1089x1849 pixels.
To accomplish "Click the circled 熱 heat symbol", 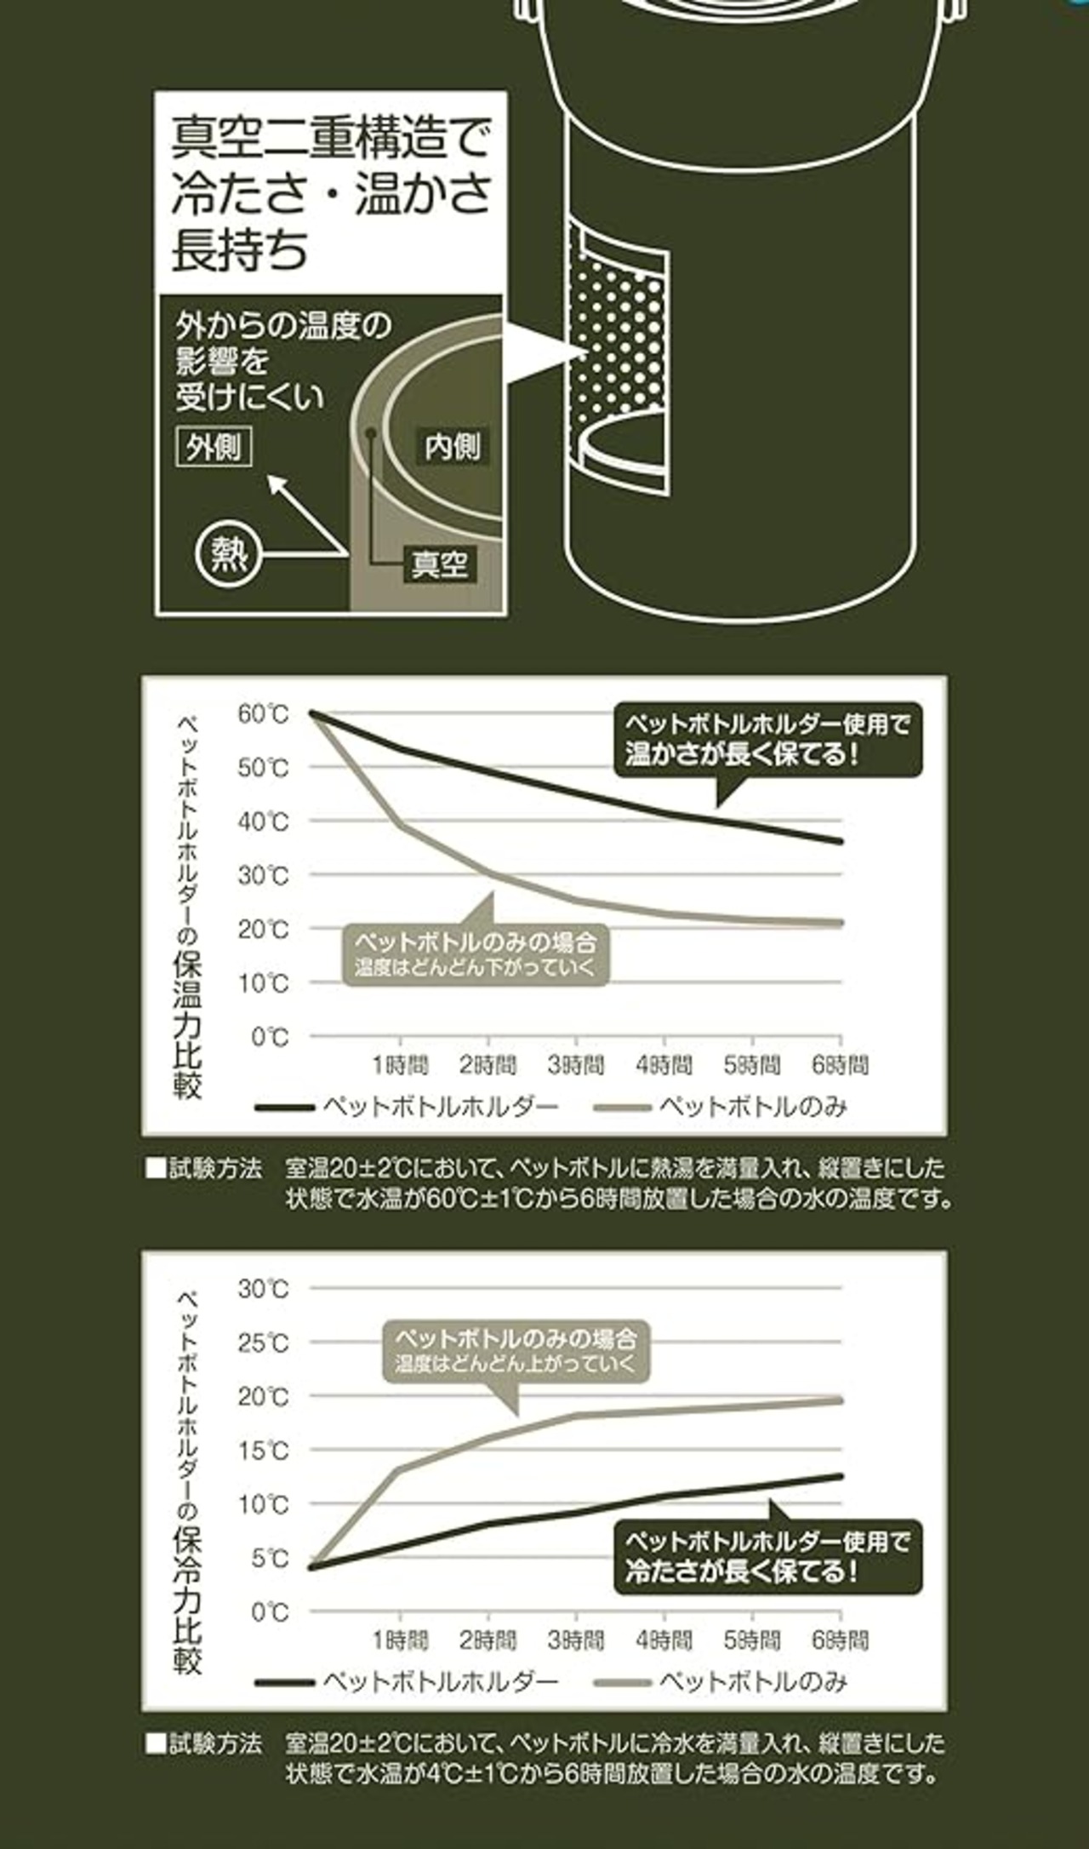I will [228, 555].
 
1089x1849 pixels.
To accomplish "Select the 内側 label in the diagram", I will [452, 447].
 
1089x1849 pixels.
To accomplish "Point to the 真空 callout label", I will [439, 564].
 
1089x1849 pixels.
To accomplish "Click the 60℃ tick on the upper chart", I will [264, 713].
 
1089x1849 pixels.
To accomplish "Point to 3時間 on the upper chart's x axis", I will [576, 1064].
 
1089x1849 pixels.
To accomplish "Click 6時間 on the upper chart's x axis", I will [841, 1064].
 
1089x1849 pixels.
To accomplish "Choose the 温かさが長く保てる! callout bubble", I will [767, 739].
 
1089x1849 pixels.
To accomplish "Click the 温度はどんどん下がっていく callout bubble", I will [476, 954].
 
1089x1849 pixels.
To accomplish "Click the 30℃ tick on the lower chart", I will [264, 1289].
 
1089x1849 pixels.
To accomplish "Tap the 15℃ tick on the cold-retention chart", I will [264, 1451].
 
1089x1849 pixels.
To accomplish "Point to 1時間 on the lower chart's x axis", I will [400, 1640].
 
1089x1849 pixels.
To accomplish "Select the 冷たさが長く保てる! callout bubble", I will [767, 1557].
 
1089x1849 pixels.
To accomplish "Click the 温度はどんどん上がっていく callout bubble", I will [516, 1350].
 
